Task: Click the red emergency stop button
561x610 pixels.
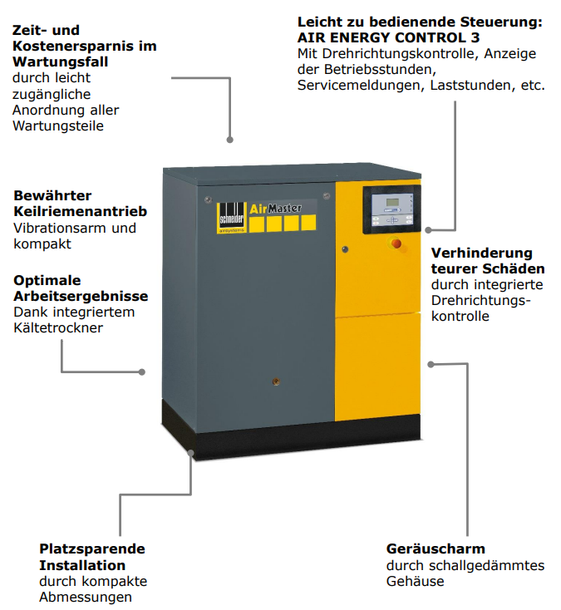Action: pyautogui.click(x=396, y=244)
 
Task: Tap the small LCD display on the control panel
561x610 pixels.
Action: pyautogui.click(x=391, y=203)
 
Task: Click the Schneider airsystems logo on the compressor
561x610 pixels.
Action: pyautogui.click(x=232, y=218)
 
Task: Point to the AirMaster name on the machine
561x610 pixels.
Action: pyautogui.click(x=275, y=209)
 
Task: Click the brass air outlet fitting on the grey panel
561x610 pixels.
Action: pyautogui.click(x=276, y=381)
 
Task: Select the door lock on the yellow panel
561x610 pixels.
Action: pyautogui.click(x=345, y=249)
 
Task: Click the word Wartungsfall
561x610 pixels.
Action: pyautogui.click(x=61, y=61)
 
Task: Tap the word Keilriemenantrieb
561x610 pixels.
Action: pyautogui.click(x=81, y=211)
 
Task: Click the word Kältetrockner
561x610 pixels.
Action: pyautogui.click(x=58, y=327)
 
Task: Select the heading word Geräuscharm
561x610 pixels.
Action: pyautogui.click(x=436, y=549)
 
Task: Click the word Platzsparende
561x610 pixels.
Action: pyautogui.click(x=92, y=549)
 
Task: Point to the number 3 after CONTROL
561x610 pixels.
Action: pyautogui.click(x=475, y=37)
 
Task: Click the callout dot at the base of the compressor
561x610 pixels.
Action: pyautogui.click(x=190, y=453)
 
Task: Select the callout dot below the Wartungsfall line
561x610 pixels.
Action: pyautogui.click(x=230, y=140)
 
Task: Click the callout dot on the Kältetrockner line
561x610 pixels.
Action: pyautogui.click(x=142, y=372)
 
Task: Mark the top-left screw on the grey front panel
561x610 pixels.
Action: pyautogui.click(x=207, y=200)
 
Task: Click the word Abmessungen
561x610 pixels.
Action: pyautogui.click(x=86, y=598)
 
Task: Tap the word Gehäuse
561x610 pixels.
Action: pyautogui.click(x=415, y=581)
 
